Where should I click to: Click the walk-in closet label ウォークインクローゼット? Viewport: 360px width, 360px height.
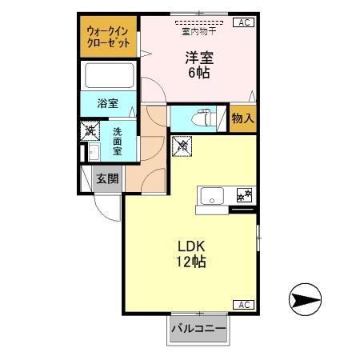click(x=109, y=37)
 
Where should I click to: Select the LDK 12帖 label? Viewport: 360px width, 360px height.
click(x=192, y=253)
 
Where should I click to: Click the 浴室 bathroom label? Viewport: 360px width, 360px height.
click(x=108, y=103)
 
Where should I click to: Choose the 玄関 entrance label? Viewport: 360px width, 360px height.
click(x=107, y=179)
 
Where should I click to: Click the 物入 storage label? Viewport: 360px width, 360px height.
click(x=243, y=118)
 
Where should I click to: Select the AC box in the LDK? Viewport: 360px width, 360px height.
click(x=243, y=304)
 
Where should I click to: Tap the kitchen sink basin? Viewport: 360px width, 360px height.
click(x=214, y=195)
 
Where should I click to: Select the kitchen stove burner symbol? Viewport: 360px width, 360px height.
click(x=244, y=194)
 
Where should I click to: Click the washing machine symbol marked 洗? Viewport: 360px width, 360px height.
click(x=90, y=130)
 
